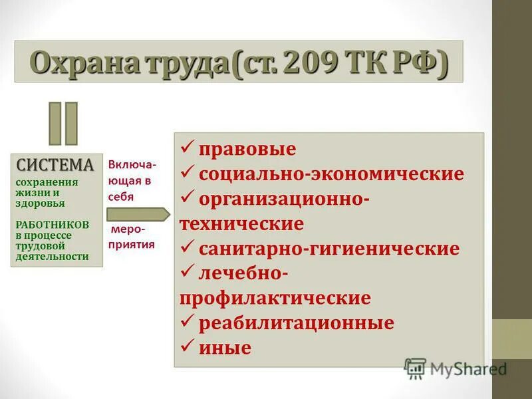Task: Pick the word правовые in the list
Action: click(x=247, y=149)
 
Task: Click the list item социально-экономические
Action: click(x=331, y=174)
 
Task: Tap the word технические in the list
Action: click(x=241, y=223)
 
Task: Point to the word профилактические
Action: click(x=275, y=297)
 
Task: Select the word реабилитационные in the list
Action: click(x=297, y=323)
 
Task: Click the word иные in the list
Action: click(x=225, y=347)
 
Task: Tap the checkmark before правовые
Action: click(x=187, y=147)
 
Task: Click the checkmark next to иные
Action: click(x=187, y=345)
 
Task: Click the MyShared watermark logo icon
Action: click(x=415, y=368)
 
